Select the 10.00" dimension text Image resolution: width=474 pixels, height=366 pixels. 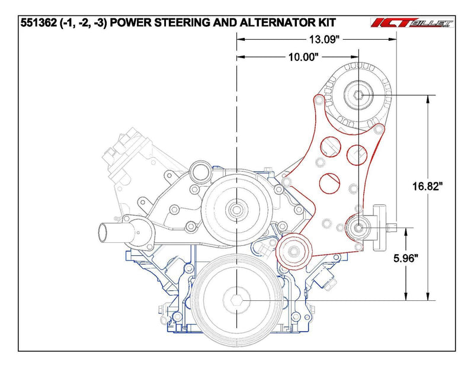(x=303, y=58)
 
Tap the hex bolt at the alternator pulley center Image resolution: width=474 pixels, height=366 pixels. (x=359, y=95)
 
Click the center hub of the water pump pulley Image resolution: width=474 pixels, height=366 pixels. (x=236, y=208)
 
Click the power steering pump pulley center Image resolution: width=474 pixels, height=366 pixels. (x=360, y=227)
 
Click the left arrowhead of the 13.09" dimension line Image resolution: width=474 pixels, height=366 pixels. (x=240, y=38)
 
